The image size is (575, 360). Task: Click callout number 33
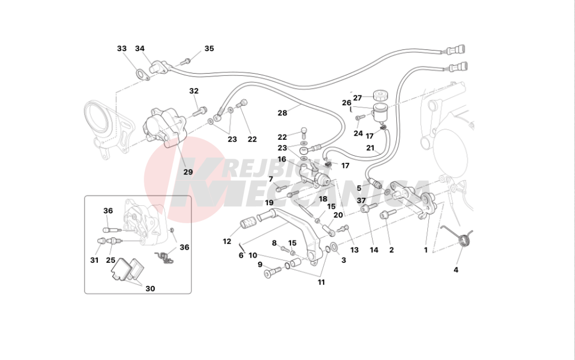(x=122, y=48)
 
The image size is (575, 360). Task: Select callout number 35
(x=209, y=48)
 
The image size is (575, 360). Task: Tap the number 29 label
(x=188, y=172)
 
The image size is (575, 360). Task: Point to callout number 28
(x=282, y=113)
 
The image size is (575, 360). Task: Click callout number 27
(x=358, y=98)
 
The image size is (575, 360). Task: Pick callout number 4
(x=456, y=270)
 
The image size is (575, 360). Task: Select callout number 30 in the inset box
(x=150, y=289)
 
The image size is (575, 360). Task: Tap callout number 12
(x=227, y=241)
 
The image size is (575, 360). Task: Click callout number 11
(x=321, y=282)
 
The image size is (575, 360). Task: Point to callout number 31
(x=94, y=261)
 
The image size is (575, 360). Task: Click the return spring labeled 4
(x=465, y=239)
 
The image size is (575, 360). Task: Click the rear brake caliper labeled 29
(x=164, y=127)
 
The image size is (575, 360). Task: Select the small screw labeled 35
(x=186, y=61)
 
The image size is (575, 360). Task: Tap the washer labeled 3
(x=335, y=247)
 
